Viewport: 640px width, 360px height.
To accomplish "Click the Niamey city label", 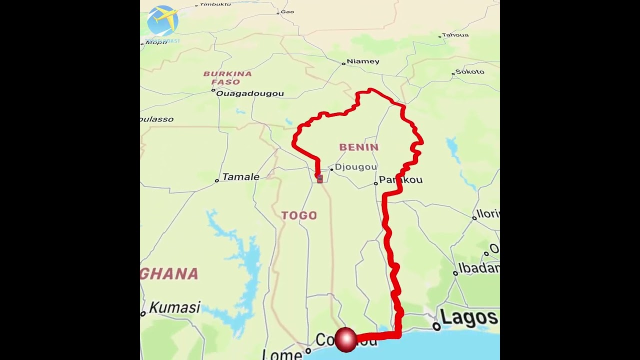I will [x=363, y=61].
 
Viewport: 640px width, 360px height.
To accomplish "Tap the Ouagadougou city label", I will [x=249, y=93].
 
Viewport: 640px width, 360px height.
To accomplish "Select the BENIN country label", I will [x=359, y=147].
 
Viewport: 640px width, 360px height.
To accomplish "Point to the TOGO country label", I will [x=299, y=215].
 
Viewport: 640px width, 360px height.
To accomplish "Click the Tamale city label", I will [x=240, y=177].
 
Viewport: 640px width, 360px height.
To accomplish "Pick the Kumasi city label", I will [x=174, y=307].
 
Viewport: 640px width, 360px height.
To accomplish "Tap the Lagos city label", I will [x=468, y=317].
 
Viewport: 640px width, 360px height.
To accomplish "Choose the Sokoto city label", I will [x=470, y=72].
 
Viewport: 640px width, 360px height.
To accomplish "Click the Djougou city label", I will [x=355, y=167].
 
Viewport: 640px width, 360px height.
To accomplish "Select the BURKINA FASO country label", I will [x=227, y=78].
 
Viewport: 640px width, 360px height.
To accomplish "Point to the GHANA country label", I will [x=170, y=274].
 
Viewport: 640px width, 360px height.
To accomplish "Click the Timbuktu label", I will [x=215, y=4].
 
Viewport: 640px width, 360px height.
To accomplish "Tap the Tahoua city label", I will [x=455, y=35].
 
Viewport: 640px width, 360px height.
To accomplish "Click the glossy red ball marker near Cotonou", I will [x=345, y=339].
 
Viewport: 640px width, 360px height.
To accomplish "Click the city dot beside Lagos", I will [x=436, y=326].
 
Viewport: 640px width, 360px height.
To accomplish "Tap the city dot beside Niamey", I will [x=343, y=63].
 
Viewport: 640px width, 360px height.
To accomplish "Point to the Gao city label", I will [x=287, y=11].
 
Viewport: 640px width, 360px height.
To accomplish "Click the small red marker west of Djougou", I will [x=319, y=178].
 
